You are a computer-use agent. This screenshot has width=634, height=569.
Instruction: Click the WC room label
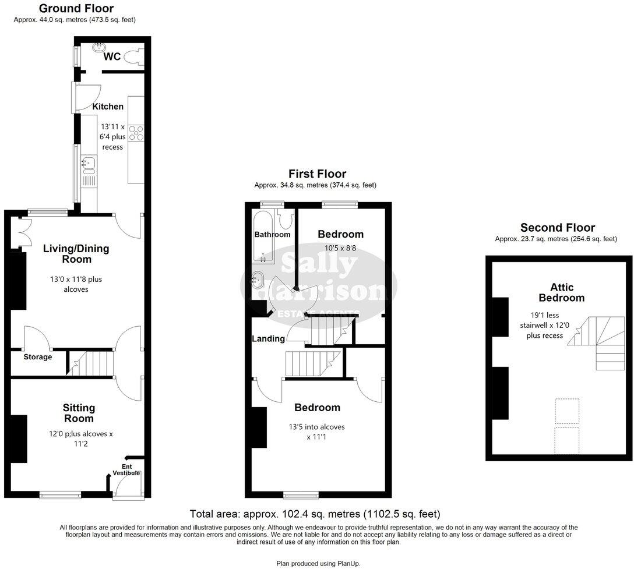click(112, 57)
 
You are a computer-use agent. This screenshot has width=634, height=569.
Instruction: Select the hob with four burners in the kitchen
click(136, 133)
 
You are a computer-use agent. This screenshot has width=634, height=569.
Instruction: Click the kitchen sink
click(89, 164)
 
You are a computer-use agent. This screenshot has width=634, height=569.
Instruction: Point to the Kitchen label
click(108, 107)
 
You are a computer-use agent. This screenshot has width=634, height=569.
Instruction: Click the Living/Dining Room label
click(76, 254)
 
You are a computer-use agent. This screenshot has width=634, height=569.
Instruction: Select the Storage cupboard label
click(38, 357)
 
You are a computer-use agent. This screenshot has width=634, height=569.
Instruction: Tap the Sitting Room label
click(79, 413)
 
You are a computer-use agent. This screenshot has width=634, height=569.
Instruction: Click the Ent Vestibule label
click(131, 470)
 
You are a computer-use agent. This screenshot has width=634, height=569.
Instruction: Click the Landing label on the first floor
click(268, 338)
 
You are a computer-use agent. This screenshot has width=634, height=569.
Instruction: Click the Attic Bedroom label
click(561, 292)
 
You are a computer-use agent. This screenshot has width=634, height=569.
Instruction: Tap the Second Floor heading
click(557, 228)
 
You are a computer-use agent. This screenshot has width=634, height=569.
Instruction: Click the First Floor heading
click(317, 174)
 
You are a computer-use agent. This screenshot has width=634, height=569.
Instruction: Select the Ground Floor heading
click(76, 9)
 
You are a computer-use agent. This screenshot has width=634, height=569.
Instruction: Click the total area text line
click(315, 514)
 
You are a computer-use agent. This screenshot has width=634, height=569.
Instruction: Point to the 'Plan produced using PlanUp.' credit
click(318, 563)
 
